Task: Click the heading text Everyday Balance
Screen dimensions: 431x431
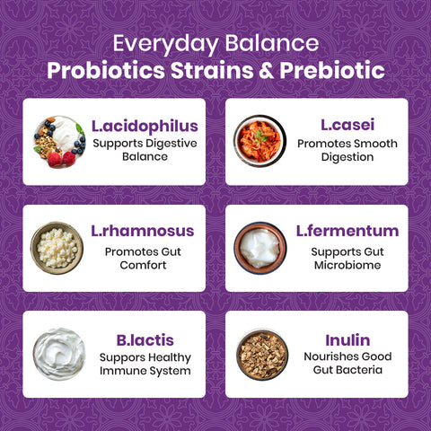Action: [x=215, y=43]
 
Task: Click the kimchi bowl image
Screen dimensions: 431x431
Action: [x=259, y=140]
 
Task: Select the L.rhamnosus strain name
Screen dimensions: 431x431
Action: [x=143, y=231]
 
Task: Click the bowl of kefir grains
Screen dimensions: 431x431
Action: [x=57, y=247]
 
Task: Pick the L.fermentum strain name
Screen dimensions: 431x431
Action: [x=347, y=231]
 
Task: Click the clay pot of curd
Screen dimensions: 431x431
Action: [x=259, y=246]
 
